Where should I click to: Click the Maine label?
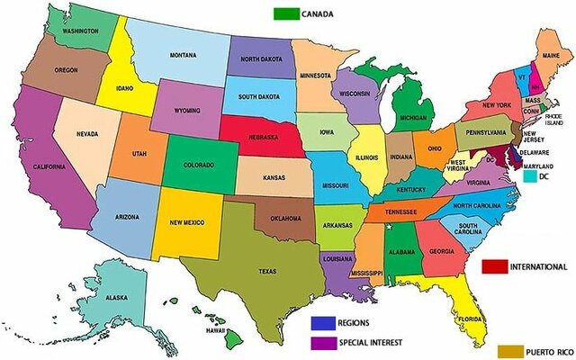click(x=551, y=57)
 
